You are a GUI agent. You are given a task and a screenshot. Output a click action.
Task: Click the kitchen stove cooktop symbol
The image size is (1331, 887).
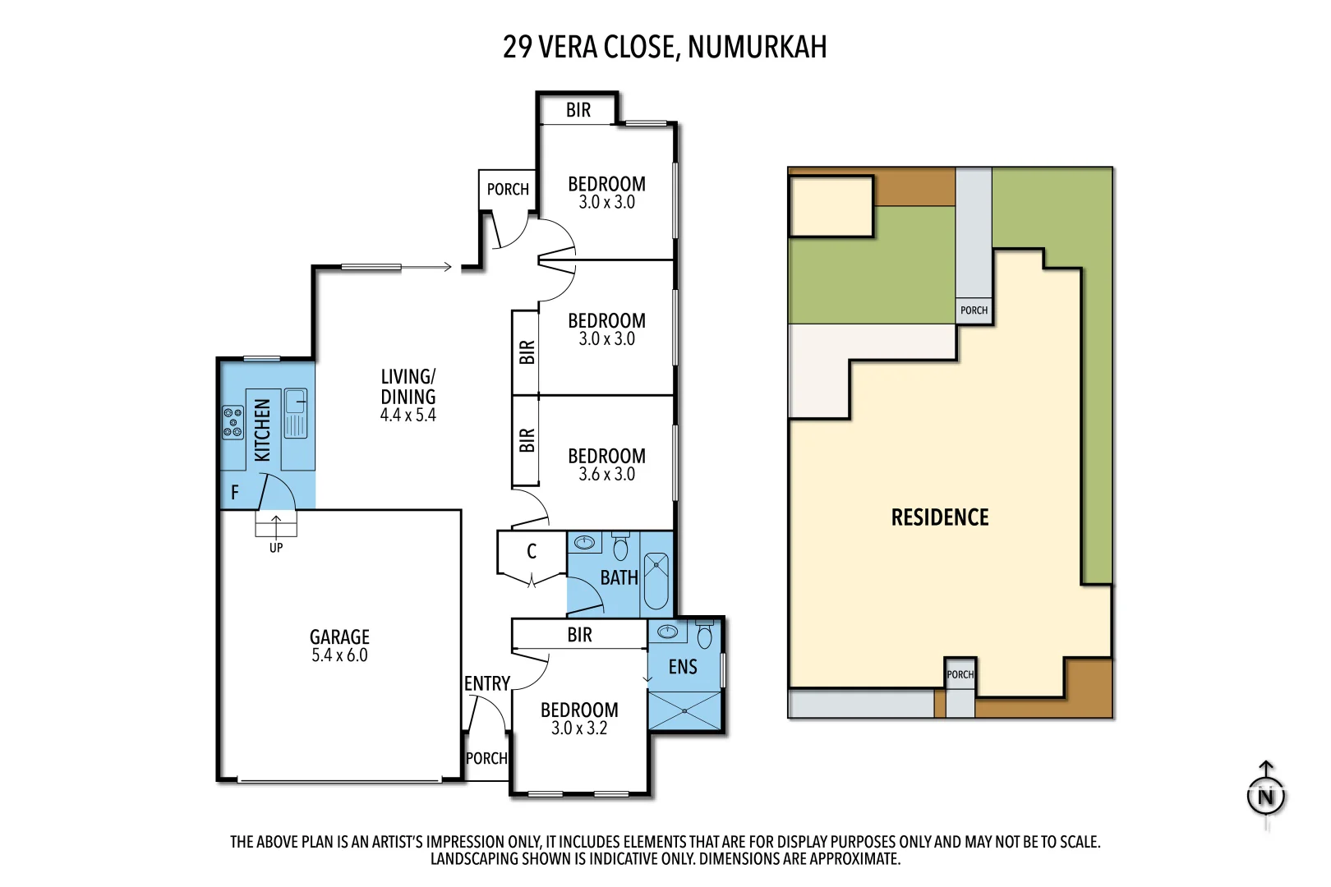233,422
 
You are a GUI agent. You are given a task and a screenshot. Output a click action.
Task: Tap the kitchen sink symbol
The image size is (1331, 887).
295,413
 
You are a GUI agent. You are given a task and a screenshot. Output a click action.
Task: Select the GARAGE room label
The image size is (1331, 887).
339,637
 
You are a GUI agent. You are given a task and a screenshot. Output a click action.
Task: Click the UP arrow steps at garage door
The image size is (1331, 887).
276,524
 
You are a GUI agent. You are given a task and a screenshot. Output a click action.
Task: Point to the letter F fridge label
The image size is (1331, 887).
235,493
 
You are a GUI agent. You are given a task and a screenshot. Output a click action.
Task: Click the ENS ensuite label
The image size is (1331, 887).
683,667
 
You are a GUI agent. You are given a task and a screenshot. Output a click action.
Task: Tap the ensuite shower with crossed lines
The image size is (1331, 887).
684,710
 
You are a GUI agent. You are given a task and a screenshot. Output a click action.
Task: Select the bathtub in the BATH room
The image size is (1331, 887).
656,581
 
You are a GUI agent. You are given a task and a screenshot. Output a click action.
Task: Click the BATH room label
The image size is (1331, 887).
619,578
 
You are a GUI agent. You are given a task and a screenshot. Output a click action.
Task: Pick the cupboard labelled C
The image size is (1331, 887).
532,552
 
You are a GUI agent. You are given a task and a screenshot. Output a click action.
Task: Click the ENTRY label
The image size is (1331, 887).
487,684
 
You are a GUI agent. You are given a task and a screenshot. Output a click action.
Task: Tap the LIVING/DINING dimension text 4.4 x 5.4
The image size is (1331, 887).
408,416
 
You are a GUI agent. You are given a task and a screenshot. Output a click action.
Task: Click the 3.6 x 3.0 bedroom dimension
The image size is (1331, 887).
606,474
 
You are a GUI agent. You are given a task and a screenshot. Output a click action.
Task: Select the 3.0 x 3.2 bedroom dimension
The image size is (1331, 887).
579,728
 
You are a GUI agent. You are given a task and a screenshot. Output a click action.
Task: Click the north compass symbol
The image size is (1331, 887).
1265,796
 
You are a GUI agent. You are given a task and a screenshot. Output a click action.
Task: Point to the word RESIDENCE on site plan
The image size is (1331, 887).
940,517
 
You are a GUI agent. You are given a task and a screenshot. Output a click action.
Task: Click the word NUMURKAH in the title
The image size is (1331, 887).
757,48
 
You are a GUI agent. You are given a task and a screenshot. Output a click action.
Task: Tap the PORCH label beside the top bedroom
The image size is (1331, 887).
508,190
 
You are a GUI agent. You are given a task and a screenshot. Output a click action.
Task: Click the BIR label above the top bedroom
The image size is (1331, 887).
578,111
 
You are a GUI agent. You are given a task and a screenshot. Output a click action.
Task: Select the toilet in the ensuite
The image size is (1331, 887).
704,635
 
